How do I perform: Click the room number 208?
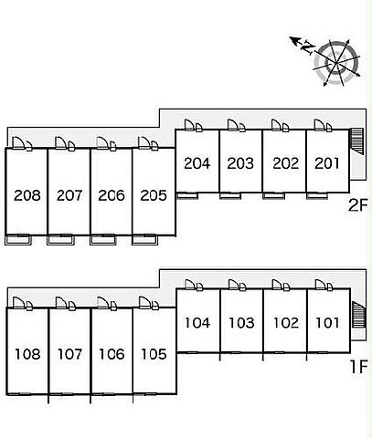point(27,195)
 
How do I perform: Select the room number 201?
point(327,163)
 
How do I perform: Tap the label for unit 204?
point(197,163)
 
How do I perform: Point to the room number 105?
point(154,354)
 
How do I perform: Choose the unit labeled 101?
point(327,323)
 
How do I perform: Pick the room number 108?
point(27,354)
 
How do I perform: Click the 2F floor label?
point(358,205)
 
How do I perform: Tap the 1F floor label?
point(359,367)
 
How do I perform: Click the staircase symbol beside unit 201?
point(356,141)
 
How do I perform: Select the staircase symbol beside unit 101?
point(358,315)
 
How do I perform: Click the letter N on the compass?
point(308,47)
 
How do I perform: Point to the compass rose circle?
point(337,63)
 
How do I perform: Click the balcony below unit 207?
point(60,240)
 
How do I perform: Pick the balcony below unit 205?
point(145,240)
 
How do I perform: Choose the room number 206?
point(112,195)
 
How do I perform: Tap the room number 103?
point(241,323)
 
